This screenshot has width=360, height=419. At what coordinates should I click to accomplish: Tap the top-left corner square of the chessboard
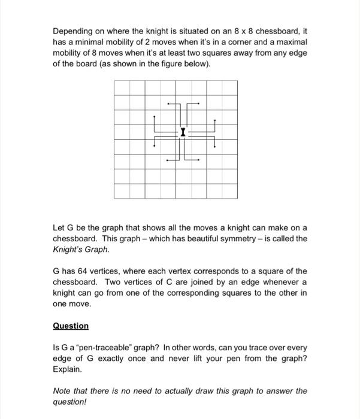point(122,87)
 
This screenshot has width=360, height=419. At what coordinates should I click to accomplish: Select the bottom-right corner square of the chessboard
point(230,191)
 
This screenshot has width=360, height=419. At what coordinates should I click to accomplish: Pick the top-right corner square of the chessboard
point(230,87)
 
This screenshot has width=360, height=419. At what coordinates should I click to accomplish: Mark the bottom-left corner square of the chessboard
point(122,191)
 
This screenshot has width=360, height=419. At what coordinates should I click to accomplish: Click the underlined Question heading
point(71,326)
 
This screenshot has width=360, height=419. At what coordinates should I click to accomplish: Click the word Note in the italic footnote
point(62,391)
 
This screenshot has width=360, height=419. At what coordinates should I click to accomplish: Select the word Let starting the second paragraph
point(59,227)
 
